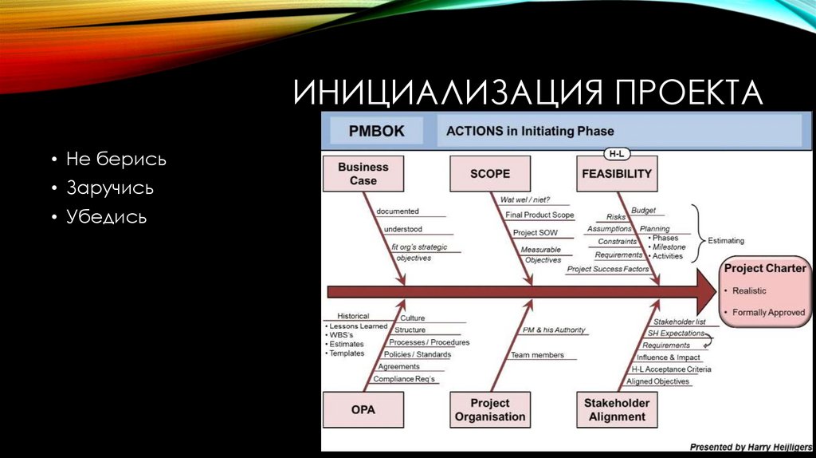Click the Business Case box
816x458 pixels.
coord(363,174)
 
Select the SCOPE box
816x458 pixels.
coord(489,173)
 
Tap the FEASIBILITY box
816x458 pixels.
coord(616,173)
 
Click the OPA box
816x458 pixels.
coord(363,410)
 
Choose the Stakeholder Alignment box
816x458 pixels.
coord(616,410)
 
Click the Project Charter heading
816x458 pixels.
coord(764,268)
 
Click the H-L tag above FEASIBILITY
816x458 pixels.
coord(616,152)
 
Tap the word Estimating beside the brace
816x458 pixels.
coord(725,240)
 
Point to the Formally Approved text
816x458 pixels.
coord(768,313)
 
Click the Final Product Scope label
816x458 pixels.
coord(539,215)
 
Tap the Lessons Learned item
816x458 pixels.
coord(359,326)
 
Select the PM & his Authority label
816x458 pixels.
coord(553,330)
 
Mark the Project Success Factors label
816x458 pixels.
coord(608,270)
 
